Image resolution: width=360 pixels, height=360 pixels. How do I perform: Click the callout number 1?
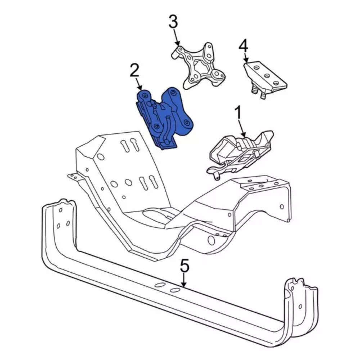(x=238, y=113)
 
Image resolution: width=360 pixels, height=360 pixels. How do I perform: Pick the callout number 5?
(x=184, y=266)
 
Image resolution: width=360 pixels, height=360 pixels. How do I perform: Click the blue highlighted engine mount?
(x=164, y=117)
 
